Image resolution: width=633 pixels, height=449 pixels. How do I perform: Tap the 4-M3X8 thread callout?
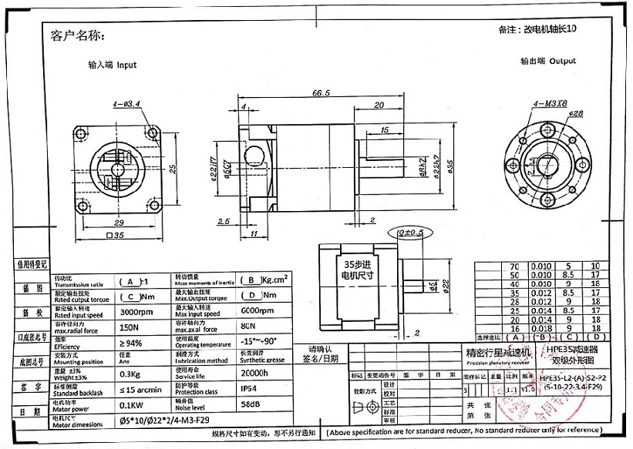(x=549, y=103)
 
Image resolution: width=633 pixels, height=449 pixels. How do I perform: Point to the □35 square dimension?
(x=116, y=236)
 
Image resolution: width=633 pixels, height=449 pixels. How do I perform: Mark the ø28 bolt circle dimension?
(x=575, y=114)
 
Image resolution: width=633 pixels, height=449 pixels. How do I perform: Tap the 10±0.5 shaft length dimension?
(x=409, y=232)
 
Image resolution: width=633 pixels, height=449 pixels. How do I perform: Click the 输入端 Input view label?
(x=113, y=65)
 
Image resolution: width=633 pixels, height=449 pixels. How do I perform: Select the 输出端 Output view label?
(x=548, y=60)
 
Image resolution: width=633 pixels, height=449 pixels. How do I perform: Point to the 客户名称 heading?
(x=76, y=35)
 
